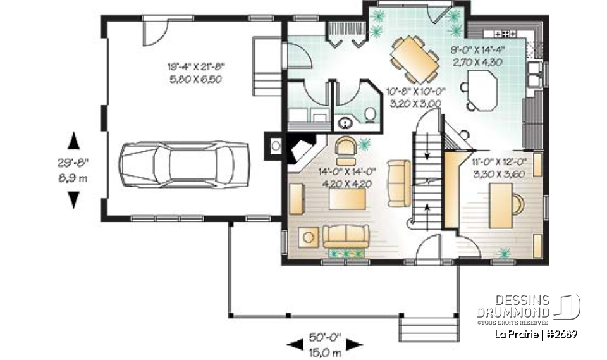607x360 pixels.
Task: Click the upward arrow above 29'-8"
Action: [74, 140]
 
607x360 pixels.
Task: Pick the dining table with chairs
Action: [414, 59]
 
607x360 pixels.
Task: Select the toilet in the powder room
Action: [371, 114]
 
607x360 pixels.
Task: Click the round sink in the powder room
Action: [346, 122]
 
